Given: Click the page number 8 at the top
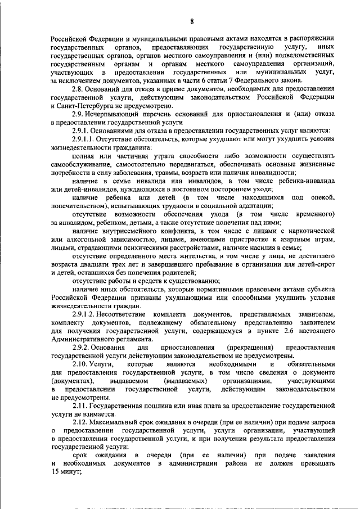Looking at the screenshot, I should [x=192, y=21].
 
